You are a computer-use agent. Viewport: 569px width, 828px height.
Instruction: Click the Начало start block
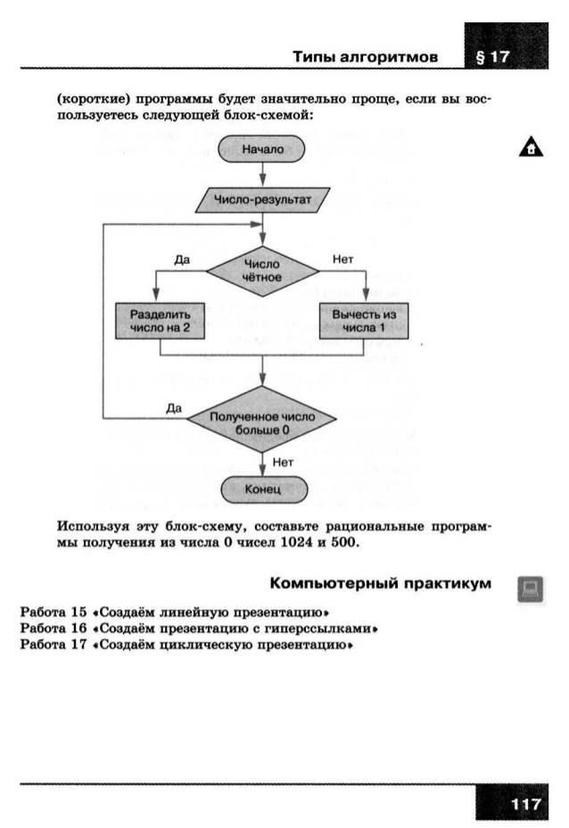262,149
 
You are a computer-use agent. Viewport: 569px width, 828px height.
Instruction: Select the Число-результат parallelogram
262,201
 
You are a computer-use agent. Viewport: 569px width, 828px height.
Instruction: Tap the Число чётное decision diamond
262,270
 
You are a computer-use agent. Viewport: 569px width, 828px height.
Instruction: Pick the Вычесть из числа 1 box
364,321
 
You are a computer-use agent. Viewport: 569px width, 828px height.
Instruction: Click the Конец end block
262,489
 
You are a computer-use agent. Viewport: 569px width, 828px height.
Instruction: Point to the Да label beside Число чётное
183,258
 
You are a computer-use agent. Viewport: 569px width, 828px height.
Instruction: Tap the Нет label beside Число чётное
342,258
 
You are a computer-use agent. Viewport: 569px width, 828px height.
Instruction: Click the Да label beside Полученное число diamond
174,408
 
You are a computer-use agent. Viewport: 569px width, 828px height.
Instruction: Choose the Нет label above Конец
283,462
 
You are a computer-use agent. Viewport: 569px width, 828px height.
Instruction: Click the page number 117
526,805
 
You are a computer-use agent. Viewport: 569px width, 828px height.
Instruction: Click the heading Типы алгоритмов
366,56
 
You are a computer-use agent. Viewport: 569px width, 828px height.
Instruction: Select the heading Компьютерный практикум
380,584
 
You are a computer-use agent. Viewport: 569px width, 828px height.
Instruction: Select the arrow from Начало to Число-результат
262,176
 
